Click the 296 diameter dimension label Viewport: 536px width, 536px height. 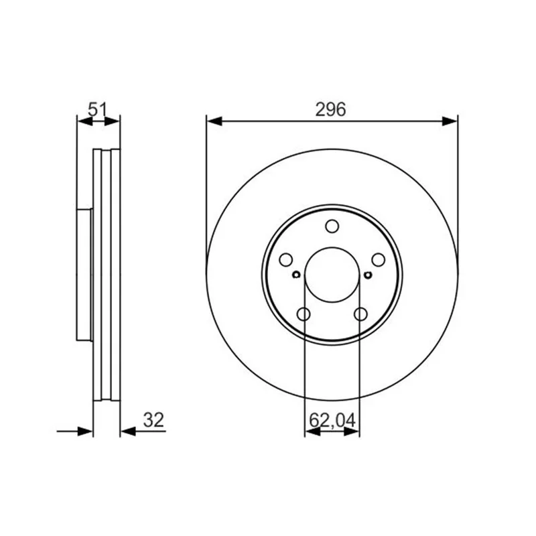point(330,110)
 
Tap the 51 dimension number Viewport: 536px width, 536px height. point(98,110)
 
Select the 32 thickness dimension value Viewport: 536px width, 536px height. point(154,420)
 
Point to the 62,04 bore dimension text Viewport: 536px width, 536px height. point(332,420)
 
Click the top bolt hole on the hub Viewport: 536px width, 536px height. point(332,226)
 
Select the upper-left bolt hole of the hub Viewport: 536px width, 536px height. point(286,260)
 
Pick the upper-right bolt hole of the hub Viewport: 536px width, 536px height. point(379,260)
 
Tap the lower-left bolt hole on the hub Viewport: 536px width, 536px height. point(304,314)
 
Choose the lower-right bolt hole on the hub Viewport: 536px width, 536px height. point(360,314)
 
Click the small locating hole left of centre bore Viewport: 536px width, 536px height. point(296,275)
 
